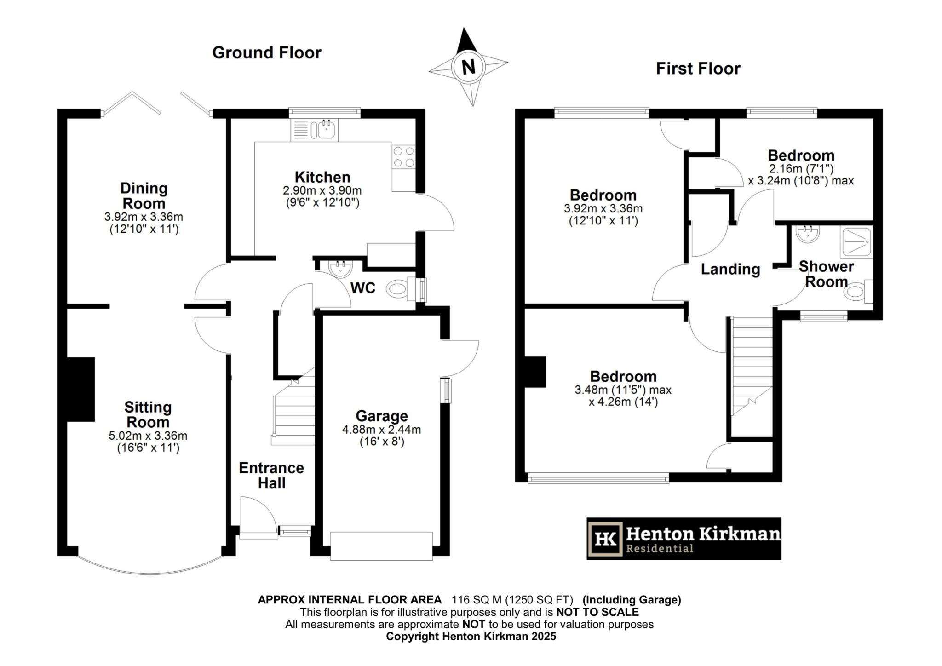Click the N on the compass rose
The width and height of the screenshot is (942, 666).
point(468,67)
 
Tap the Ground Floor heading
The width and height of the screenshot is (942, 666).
point(266,52)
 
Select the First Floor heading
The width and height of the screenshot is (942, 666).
point(698,69)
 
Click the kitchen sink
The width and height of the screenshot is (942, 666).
point(325,130)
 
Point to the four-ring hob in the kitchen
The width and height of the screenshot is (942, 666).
point(403,157)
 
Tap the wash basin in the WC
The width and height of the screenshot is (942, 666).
point(341,269)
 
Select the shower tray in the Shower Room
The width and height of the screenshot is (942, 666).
point(856,242)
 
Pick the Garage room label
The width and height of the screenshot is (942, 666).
point(382,416)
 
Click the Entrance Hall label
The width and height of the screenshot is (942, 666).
point(271,476)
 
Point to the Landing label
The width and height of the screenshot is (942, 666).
point(730,269)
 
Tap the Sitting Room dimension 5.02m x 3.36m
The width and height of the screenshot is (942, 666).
point(148,436)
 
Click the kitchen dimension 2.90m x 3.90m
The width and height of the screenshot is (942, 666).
point(322,190)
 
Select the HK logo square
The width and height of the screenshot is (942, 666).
point(606,539)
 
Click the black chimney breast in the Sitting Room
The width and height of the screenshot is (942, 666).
point(81,389)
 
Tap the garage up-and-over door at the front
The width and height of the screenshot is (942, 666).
point(381,546)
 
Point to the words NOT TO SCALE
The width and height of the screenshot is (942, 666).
point(597,612)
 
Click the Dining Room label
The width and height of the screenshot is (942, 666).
point(144,196)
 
